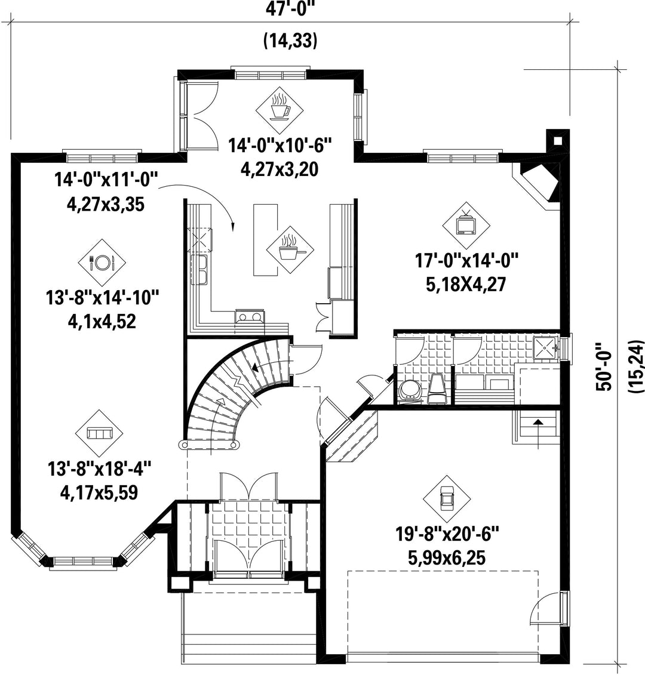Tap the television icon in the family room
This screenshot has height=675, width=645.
466,225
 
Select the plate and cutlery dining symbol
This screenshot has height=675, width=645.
102,263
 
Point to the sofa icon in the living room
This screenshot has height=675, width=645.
99,433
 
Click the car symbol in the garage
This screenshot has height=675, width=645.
446,499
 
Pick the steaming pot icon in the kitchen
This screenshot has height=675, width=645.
290,249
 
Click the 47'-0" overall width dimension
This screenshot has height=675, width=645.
287,9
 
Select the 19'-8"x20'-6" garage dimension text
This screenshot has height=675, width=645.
447,535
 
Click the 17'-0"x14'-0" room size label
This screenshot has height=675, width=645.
466,261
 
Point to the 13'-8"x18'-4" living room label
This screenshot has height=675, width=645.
100,469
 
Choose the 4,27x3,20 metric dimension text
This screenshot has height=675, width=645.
279,169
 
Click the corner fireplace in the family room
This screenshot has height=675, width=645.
539,183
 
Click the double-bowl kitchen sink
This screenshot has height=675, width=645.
199,270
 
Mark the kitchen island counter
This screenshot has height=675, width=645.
265,240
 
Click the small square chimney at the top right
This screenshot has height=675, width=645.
558,140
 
